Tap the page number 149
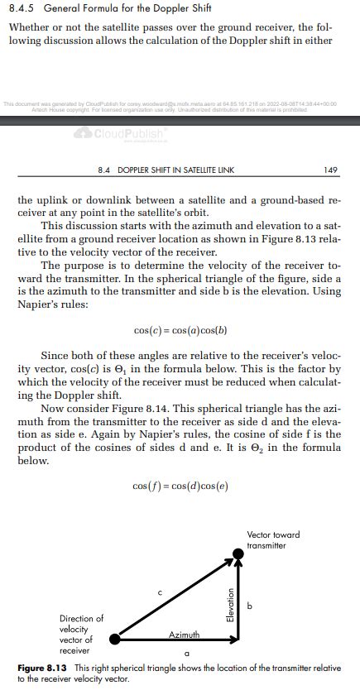331,170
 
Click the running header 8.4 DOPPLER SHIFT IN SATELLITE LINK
166,170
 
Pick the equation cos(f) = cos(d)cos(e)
180,485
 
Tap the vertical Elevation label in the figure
231,604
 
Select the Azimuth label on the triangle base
184,634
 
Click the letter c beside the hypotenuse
160,592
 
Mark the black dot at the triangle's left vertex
115,639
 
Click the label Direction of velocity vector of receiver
82,634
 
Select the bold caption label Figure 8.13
42,667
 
